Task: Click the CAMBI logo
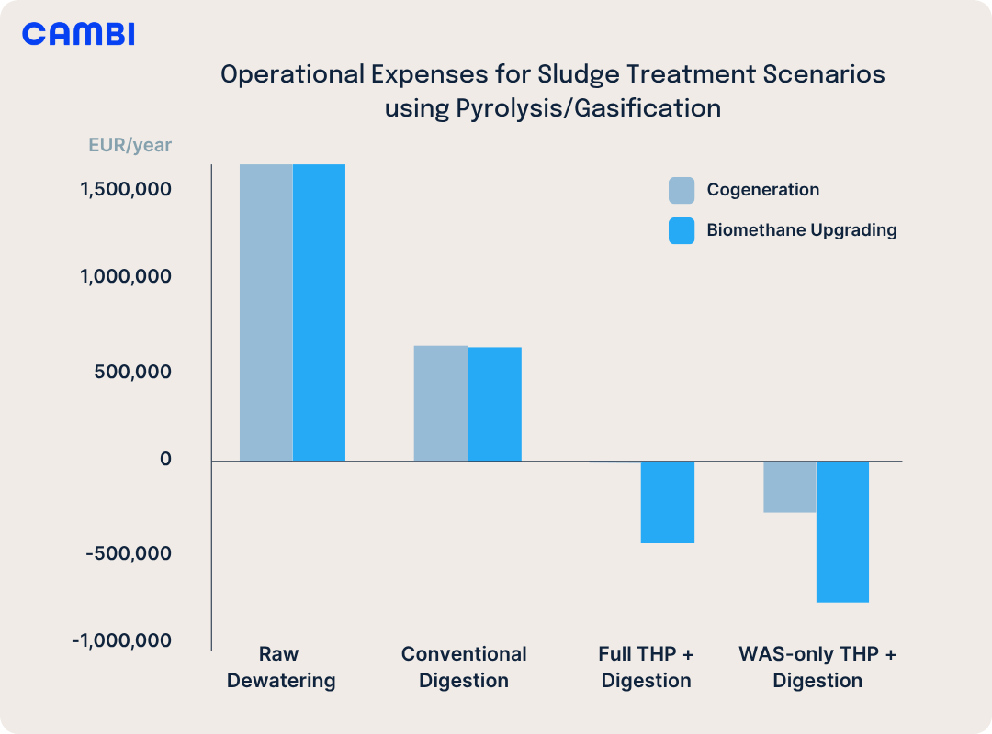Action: point(78,35)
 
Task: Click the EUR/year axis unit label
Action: point(130,145)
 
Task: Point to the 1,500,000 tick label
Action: point(126,190)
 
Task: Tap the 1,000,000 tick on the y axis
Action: point(126,276)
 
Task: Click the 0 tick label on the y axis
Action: point(165,459)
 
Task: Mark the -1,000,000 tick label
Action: point(122,639)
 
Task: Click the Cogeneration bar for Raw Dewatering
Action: point(266,312)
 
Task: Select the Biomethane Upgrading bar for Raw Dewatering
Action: point(319,312)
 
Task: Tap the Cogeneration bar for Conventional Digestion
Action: point(441,403)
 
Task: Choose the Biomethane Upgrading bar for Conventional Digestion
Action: point(494,404)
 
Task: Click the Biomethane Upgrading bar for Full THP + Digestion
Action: point(667,502)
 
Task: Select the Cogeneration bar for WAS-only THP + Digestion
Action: point(789,486)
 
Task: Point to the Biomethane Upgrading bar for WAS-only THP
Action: point(842,531)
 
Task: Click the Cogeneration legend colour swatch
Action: point(682,190)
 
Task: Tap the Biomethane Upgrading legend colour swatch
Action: point(682,230)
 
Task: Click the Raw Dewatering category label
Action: point(280,667)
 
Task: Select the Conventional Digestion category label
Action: point(464,667)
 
